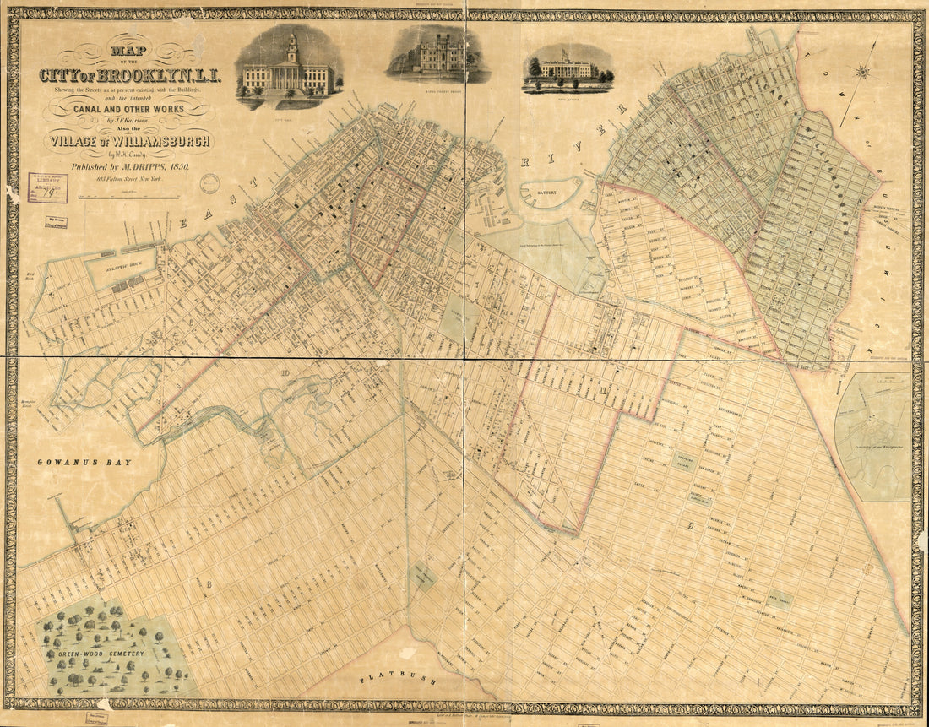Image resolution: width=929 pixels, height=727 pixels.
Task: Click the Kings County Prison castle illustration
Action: tap(437, 55)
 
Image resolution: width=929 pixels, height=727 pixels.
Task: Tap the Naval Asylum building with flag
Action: tap(568, 70)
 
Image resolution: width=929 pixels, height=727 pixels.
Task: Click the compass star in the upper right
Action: tap(862, 73)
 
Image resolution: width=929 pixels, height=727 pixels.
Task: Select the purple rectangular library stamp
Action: tap(47, 187)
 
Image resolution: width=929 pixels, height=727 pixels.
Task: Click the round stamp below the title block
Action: tap(209, 183)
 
